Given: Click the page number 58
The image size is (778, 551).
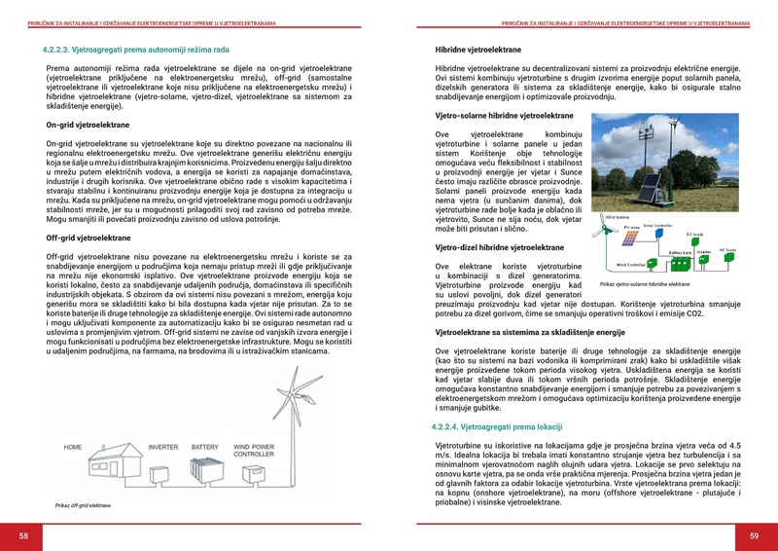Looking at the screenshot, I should [23, 536].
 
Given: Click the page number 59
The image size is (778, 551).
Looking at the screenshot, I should [754, 536].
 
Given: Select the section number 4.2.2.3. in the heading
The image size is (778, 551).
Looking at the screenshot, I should [63, 48].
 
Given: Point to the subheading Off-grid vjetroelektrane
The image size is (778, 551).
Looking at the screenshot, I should [88, 238].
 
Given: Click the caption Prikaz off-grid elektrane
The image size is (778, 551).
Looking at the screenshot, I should [83, 506].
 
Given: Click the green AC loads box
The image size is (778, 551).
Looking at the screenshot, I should [726, 258].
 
